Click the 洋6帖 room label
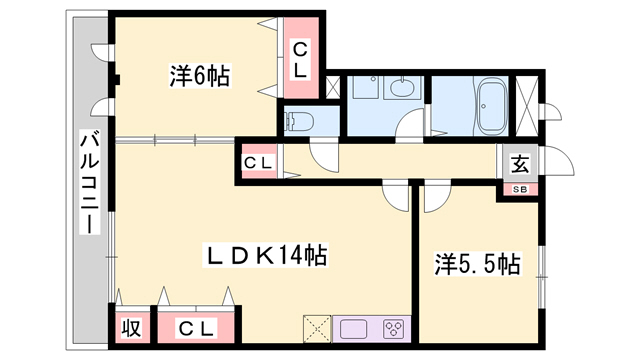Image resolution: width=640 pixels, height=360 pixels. click(200, 76)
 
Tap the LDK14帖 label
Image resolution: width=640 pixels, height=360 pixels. click(265, 256)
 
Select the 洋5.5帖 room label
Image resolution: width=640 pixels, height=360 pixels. click(477, 264)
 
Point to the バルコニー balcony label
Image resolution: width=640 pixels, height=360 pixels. click(90, 182)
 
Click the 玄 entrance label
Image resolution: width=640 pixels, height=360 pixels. click(520, 164)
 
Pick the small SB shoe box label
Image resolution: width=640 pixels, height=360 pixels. click(520, 189)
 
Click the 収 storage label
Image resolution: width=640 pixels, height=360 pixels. click(131, 328)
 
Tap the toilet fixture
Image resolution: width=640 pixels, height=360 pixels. click(299, 121)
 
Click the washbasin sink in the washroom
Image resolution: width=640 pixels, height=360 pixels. click(402, 87)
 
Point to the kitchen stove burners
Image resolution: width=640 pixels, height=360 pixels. click(394, 329)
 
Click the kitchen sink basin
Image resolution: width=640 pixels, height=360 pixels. click(353, 329)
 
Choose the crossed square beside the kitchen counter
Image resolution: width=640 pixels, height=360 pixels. click(317, 329)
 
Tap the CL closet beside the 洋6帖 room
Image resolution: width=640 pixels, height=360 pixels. click(301, 58)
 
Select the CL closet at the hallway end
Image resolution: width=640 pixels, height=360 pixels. click(258, 162)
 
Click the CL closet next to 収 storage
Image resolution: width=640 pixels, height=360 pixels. click(196, 329)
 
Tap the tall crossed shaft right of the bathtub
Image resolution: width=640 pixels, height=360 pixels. click(527, 106)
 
